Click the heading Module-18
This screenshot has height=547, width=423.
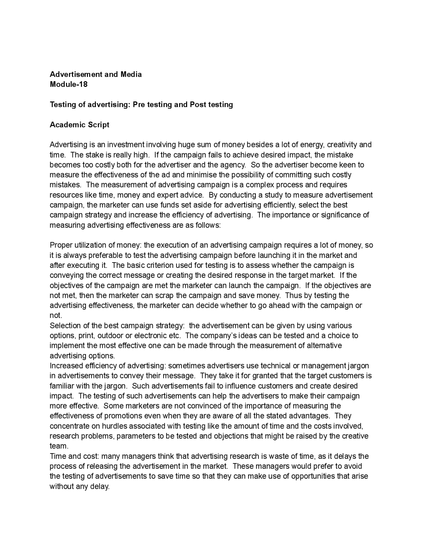[68, 84]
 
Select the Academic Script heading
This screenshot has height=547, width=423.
[79, 125]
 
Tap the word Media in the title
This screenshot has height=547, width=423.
[131, 74]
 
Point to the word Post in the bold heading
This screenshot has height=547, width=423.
[198, 104]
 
